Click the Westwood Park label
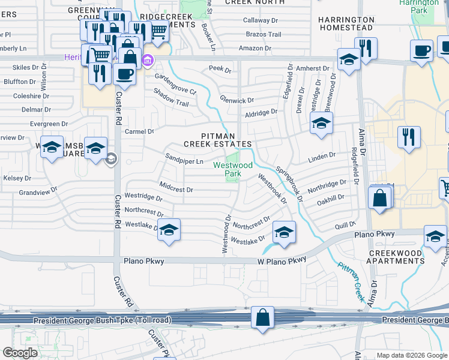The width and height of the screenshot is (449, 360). pos(225,169)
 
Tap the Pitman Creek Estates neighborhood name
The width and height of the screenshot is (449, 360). pos(217,140)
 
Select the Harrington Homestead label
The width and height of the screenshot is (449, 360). pos(346,23)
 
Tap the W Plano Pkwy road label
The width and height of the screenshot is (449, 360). pos(282,260)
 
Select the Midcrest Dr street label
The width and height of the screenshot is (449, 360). pos(176,188)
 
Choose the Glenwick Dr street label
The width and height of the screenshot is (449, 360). pos(237,100)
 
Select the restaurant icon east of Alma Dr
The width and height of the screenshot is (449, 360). pos(409,136)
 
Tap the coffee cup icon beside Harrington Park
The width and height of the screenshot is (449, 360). pos(421,51)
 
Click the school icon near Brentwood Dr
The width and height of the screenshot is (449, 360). pos(321,124)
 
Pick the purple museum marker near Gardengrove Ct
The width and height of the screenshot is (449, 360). pos(148,60)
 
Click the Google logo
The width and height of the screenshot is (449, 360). pos(20,353)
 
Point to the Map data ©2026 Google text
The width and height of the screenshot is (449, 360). pos(411,355)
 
